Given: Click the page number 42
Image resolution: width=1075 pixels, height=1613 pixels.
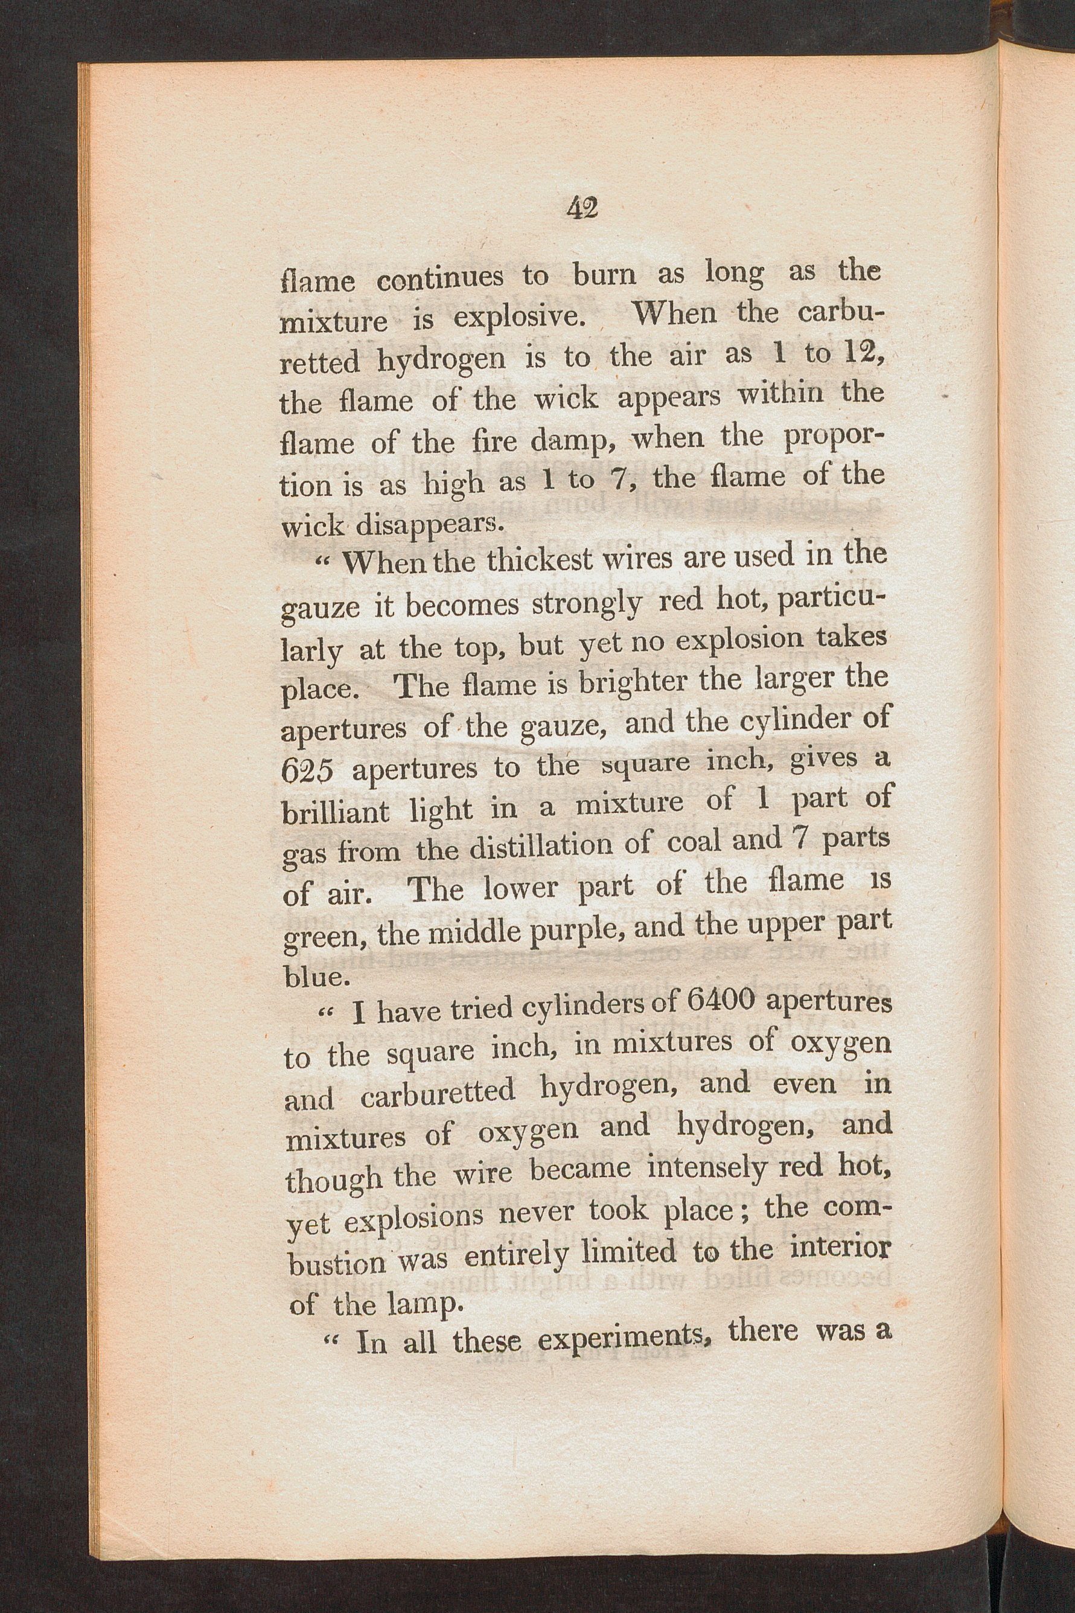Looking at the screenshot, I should point(582,208).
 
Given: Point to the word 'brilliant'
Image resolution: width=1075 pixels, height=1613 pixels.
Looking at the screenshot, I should point(336,813).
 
